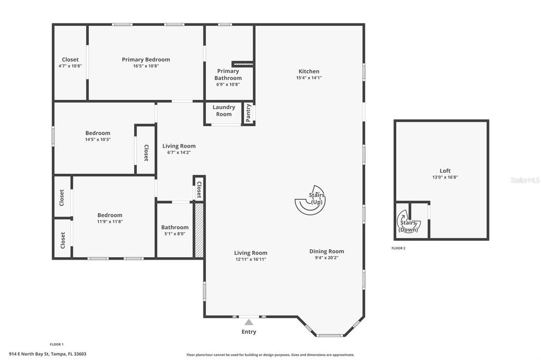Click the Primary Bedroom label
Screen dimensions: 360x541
pos(146,60)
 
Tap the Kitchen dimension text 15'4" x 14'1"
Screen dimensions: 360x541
pos(309,78)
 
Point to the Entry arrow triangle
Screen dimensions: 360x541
pos(249,321)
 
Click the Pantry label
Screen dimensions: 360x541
pos(248,112)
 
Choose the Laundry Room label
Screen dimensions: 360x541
pos(223,110)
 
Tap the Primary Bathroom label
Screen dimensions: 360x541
pos(228,74)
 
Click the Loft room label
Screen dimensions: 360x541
pos(445,170)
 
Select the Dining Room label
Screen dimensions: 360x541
pos(327,251)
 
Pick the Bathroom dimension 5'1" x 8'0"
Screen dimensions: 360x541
pos(174,233)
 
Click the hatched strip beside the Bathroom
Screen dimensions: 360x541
pos(199,230)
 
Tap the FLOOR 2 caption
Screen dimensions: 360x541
pos(398,248)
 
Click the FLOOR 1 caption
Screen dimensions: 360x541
pos(57,344)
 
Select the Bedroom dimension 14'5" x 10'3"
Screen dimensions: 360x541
pos(98,139)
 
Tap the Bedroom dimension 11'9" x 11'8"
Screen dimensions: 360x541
pos(109,222)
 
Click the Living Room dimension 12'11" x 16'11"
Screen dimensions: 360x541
pos(251,259)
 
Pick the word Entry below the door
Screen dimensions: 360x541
pos(249,332)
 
